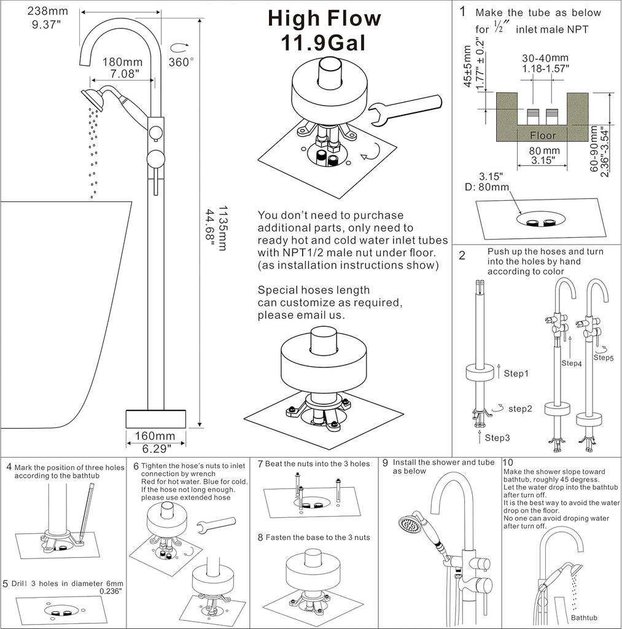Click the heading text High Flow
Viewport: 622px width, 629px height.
point(324,18)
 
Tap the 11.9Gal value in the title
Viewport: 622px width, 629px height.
point(324,44)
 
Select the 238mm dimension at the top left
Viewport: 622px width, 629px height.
point(46,10)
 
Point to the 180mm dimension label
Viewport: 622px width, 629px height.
point(122,62)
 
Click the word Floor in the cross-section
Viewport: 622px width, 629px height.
point(542,135)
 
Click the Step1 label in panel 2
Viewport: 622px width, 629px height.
point(516,373)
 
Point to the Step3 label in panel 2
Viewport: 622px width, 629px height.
point(497,437)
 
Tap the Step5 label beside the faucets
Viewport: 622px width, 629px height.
point(603,357)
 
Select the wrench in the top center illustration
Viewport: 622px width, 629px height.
point(406,108)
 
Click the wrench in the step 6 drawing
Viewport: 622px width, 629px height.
point(216,526)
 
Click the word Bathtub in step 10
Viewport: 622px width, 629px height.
point(584,617)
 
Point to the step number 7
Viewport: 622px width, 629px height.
point(260,464)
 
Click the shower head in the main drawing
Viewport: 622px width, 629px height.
point(93,98)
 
